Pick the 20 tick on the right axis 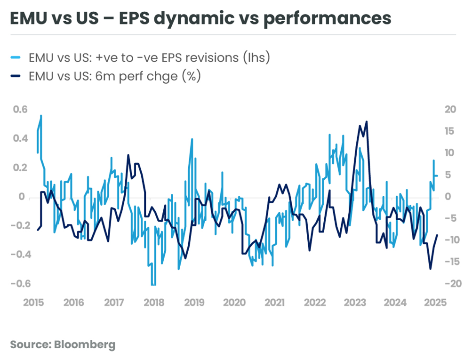pyautogui.click(x=450, y=110)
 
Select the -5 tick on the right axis pyautogui.click(x=450, y=218)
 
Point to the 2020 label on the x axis pyautogui.click(x=234, y=302)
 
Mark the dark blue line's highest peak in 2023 pyautogui.click(x=366, y=121)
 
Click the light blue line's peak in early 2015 pyautogui.click(x=41, y=115)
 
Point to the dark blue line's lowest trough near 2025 pyautogui.click(x=430, y=269)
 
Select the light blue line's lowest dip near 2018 pyautogui.click(x=153, y=285)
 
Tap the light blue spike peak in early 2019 pyautogui.click(x=192, y=139)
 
